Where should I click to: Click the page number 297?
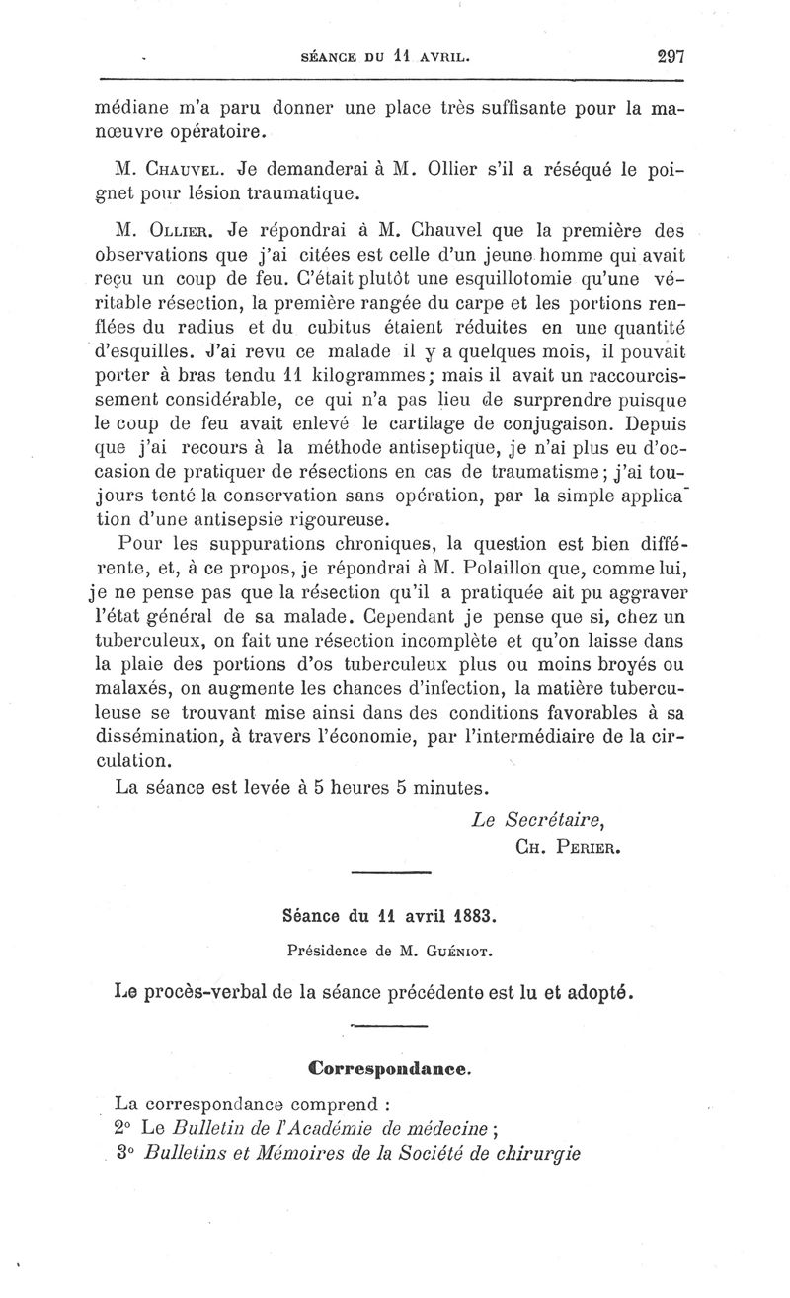670,56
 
